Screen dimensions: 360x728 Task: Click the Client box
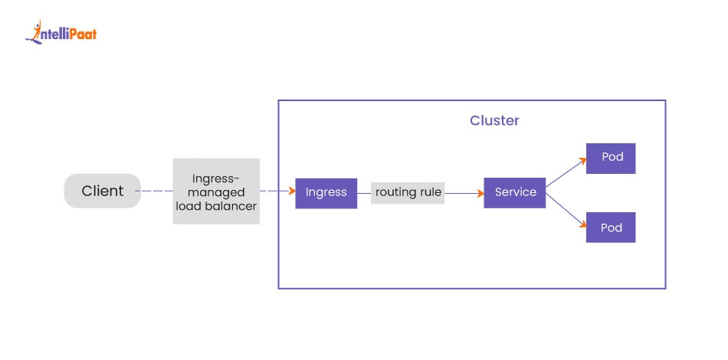(x=102, y=191)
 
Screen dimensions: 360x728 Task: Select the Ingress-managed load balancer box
(x=216, y=191)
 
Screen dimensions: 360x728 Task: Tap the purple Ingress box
(x=326, y=192)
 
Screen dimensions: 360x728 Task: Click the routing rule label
(x=408, y=192)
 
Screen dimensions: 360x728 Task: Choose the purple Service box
(x=515, y=192)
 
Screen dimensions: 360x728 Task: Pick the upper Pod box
(x=611, y=158)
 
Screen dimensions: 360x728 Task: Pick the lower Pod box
(x=611, y=227)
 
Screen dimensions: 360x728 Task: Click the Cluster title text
(x=494, y=121)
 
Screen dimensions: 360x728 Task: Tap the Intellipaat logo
(x=61, y=33)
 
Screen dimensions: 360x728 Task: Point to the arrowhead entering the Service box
(x=480, y=192)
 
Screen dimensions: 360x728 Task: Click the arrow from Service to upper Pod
(x=566, y=173)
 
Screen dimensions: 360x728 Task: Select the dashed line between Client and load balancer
(x=156, y=191)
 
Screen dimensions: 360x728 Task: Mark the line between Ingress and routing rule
(x=364, y=192)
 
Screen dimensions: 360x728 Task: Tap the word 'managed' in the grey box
(x=216, y=192)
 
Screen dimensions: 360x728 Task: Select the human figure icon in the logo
(x=34, y=31)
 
